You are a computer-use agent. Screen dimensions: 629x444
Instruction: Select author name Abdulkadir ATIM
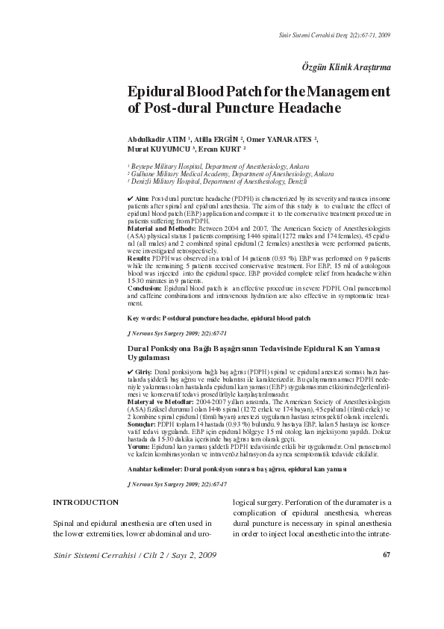point(159,139)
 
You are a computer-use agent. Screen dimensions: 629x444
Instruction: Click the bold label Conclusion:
point(146,286)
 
